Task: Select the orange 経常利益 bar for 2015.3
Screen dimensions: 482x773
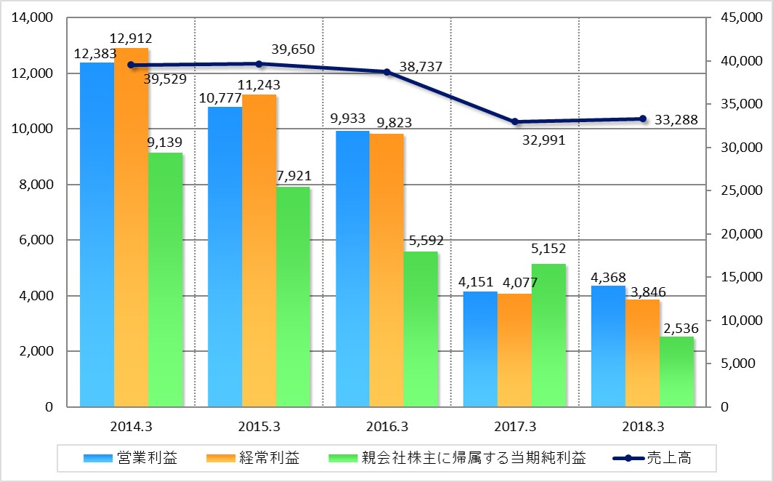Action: (259, 250)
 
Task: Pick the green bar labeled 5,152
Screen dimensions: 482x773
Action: (549, 334)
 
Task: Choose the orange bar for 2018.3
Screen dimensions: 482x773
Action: (643, 353)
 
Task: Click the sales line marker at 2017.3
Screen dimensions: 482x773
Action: (515, 121)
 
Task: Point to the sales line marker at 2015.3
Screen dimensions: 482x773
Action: (259, 64)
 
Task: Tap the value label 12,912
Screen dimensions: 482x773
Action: (131, 37)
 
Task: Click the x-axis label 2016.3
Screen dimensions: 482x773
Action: (386, 426)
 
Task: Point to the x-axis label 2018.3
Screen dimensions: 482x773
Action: (643, 426)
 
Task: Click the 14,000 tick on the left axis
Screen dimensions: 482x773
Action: (33, 18)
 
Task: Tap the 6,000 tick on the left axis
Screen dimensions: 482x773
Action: (37, 241)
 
